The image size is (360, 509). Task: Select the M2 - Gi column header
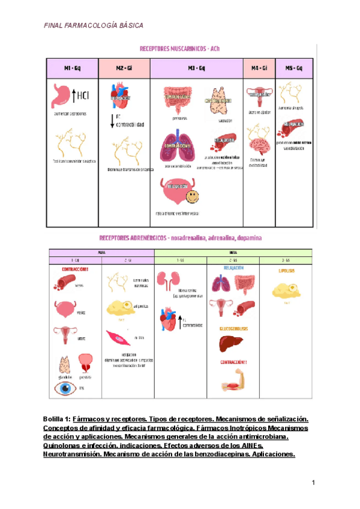click(124, 68)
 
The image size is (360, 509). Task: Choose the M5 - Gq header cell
click(294, 68)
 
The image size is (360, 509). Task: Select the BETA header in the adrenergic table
click(233, 253)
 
